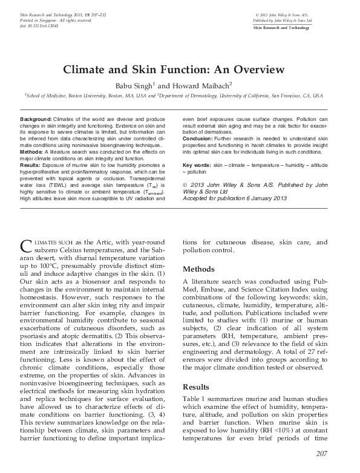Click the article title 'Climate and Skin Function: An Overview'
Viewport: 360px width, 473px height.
pyautogui.click(x=180, y=70)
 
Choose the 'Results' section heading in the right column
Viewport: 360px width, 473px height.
pyautogui.click(x=197, y=387)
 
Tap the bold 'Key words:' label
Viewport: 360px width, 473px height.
pyautogui.click(x=197, y=165)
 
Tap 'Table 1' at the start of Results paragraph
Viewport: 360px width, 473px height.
pyautogui.click(x=194, y=399)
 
